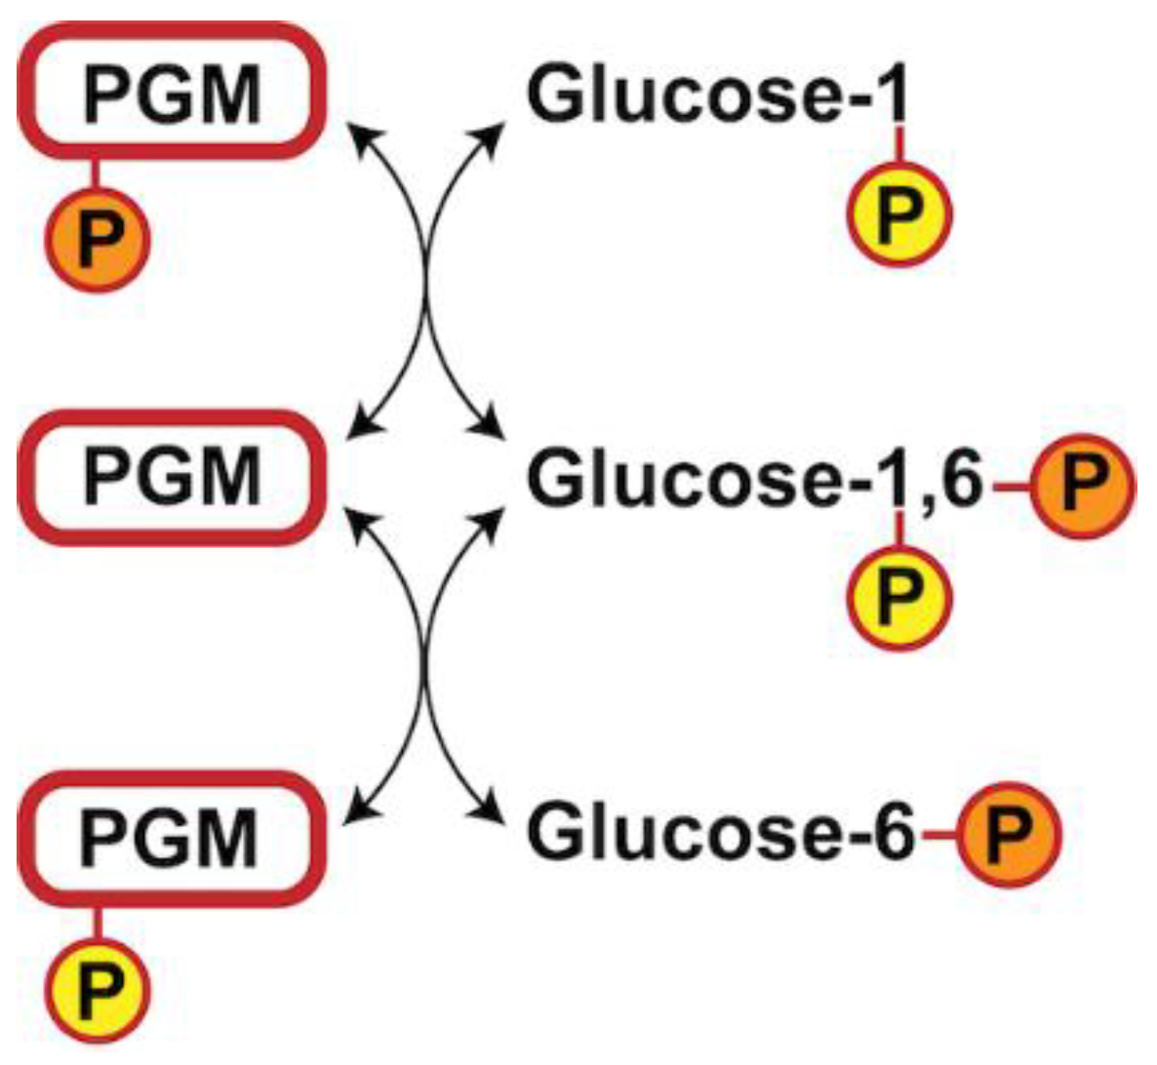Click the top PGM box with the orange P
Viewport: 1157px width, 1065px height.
(172, 92)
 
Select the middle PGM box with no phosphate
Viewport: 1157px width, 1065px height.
(172, 477)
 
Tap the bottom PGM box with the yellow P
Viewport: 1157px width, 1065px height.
(172, 838)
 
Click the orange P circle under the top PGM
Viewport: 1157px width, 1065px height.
(99, 239)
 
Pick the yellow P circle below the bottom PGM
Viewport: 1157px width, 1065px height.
(99, 990)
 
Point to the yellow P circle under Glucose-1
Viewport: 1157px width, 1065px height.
(898, 215)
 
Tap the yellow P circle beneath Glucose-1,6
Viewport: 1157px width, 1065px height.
(898, 597)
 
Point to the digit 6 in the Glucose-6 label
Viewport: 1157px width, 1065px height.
(893, 832)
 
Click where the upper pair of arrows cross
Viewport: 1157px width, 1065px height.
(426, 283)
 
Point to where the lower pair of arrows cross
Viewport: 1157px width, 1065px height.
(426, 663)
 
